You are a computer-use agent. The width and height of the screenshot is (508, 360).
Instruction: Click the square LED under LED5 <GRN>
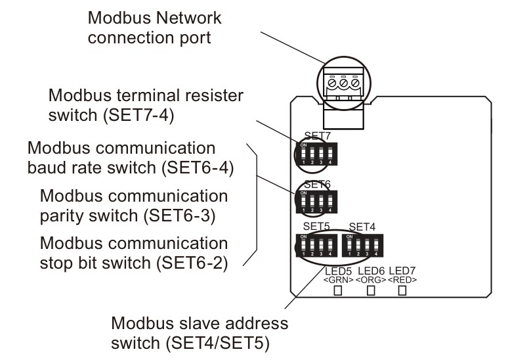[339, 292]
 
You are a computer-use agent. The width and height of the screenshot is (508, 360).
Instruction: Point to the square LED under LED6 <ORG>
[371, 292]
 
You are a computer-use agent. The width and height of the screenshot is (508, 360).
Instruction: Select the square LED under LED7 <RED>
[402, 292]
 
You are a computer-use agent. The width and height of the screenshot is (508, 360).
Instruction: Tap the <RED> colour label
[402, 280]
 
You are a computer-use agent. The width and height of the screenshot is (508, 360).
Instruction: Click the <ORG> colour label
[371, 280]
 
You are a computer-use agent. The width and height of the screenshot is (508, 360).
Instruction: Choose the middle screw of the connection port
[344, 85]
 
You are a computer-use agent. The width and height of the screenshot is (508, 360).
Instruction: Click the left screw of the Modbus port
[333, 85]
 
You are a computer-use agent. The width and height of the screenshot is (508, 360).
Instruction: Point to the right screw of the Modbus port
[356, 85]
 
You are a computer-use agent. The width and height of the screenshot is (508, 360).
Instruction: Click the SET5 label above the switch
[316, 227]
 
